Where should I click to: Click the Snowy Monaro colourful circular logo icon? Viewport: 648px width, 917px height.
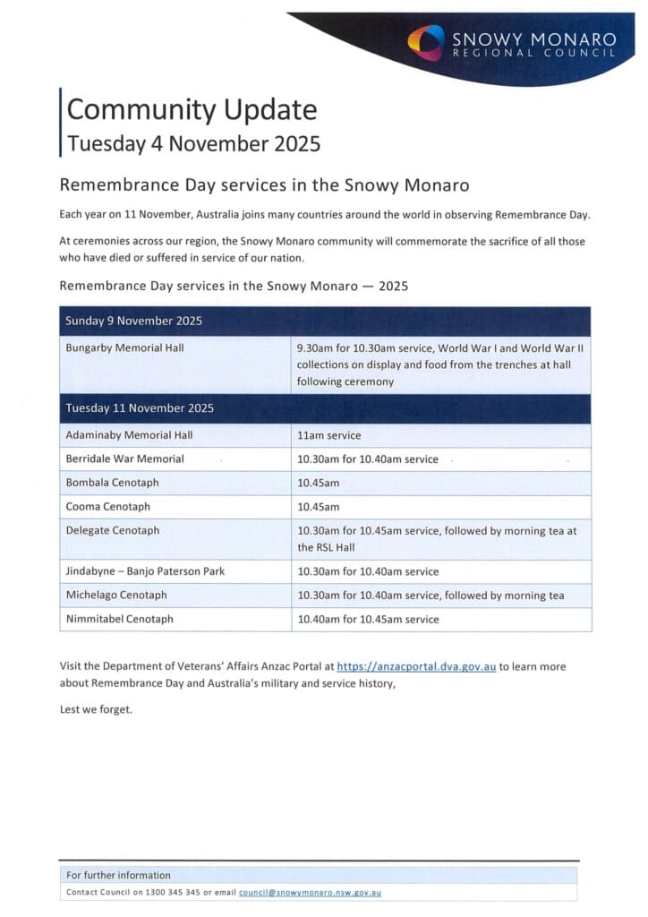425,41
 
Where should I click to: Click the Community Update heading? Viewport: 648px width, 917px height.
192,109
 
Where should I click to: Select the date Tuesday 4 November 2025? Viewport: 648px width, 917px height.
193,143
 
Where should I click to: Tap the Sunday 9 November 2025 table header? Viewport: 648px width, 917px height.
134,321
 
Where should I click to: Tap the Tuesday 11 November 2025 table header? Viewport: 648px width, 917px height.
140,408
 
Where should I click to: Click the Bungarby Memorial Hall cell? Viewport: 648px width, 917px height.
124,347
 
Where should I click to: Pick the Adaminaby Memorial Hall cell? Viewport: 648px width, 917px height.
129,435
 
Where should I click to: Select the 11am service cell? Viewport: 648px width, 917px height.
329,435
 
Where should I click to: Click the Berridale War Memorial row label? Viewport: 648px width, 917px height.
124,458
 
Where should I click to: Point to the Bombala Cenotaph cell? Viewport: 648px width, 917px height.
113,483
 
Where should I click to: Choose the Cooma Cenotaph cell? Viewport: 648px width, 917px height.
108,507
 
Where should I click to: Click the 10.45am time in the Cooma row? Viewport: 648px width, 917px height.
317,507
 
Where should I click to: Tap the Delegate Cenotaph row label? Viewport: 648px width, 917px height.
113,530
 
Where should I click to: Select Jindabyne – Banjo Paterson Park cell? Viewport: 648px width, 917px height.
145,571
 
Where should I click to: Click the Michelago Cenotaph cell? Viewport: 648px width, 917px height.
116,595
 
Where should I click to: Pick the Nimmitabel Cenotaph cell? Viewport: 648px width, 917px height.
120,619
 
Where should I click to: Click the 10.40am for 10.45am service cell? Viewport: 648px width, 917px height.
368,619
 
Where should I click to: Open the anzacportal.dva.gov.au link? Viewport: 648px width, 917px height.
416,666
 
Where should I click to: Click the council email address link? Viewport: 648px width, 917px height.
310,893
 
